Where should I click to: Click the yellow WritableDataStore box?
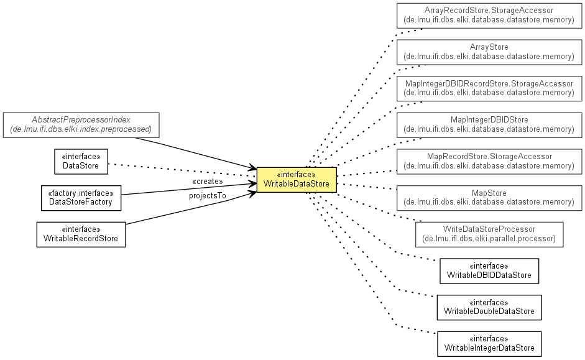click(297, 180)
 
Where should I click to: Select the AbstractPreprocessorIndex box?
click(81, 126)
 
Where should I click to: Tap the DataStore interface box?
click(81, 162)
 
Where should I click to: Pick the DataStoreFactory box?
click(81, 198)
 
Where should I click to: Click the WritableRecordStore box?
click(81, 234)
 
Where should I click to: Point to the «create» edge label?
click(208, 182)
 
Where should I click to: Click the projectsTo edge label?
click(208, 196)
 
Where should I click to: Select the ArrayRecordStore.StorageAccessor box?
click(489, 16)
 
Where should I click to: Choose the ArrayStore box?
click(489, 52)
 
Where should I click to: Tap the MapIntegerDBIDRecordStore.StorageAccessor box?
click(489, 88)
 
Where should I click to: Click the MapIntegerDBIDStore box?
click(489, 125)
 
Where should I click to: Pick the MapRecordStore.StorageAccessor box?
click(489, 162)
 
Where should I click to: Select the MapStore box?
click(489, 198)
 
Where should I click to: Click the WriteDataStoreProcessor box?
click(489, 234)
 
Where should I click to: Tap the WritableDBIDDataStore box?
click(489, 271)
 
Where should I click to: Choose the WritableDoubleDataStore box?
click(489, 307)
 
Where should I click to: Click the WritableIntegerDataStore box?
click(489, 344)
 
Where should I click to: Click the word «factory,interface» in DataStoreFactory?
click(81, 193)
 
